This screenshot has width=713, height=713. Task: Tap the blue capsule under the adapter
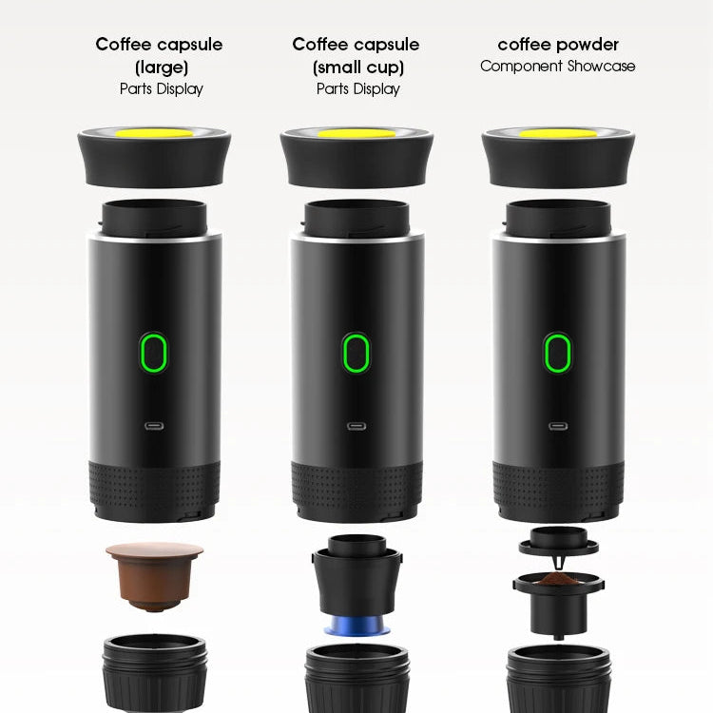coord(356,626)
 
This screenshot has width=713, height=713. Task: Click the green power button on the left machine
coord(153,353)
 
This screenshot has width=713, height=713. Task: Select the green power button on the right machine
coord(558,353)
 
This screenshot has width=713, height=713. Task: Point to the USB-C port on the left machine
coord(153,427)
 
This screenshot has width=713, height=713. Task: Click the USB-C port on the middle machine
coord(356,427)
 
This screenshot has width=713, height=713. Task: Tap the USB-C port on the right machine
coord(558,427)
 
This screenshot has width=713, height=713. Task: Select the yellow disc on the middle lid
coord(356,133)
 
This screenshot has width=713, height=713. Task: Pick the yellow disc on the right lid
coord(558,133)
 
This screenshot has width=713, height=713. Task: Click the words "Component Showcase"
coord(558,67)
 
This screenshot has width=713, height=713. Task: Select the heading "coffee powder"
coord(558,45)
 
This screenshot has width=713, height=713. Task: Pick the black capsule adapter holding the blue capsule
coord(356,580)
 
